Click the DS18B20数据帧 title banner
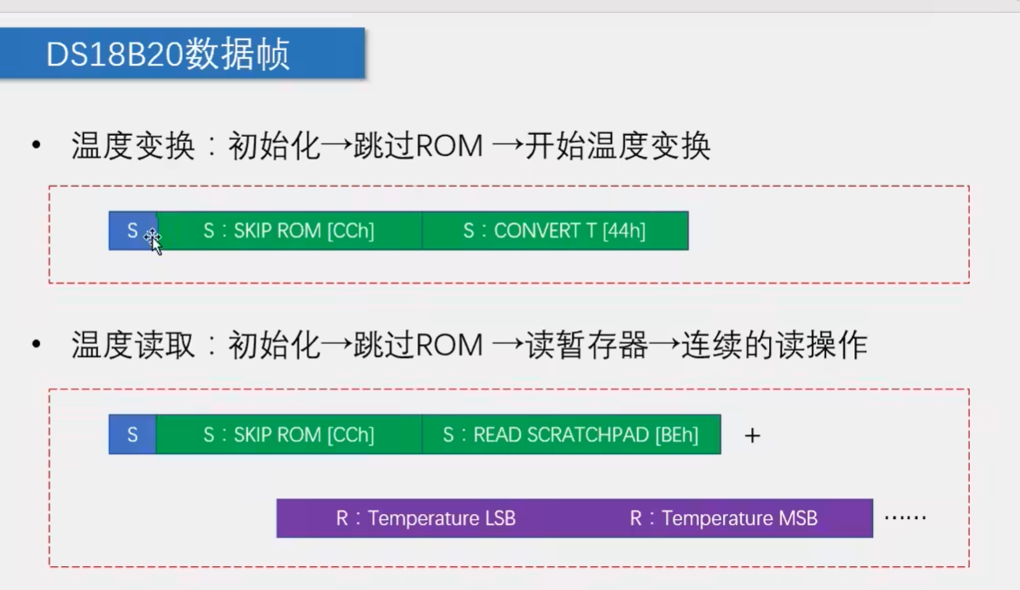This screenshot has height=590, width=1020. [182, 54]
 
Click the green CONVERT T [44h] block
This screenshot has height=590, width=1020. [555, 231]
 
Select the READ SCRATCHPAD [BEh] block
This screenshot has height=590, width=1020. [570, 435]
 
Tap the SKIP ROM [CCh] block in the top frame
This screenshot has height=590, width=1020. [289, 231]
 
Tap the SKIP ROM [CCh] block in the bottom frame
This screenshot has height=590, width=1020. [289, 435]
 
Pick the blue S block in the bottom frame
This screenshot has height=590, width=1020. [132, 435]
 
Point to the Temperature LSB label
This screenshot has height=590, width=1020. [425, 518]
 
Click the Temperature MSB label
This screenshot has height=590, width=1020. [724, 518]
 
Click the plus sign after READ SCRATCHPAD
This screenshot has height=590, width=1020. [752, 435]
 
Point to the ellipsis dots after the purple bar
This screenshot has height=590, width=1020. [905, 517]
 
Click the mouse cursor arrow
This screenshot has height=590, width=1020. [154, 242]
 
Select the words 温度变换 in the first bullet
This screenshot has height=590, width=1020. [134, 147]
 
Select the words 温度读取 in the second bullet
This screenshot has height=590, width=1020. [134, 346]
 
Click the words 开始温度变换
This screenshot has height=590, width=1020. [617, 147]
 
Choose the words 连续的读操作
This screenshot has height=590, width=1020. [774, 346]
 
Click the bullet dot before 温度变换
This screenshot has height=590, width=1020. [36, 147]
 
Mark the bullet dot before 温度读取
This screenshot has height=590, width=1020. [36, 346]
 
